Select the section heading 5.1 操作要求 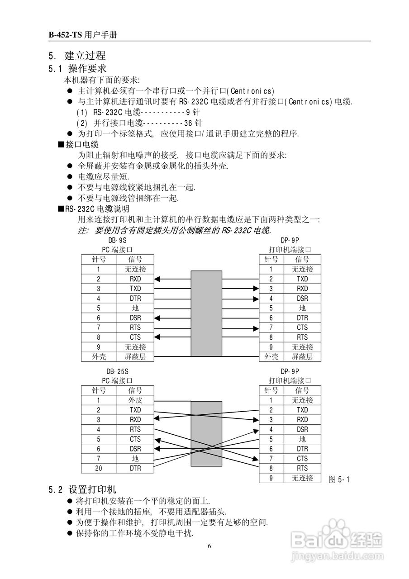coord(77,69)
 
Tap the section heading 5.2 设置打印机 coord(82,489)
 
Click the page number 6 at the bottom coord(209,546)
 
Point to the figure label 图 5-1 coord(339,479)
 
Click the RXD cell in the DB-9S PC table coord(135,279)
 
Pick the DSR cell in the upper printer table coord(302,299)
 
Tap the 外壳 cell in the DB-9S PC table coord(99,357)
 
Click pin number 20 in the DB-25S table coord(99,469)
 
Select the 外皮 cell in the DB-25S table coord(135,400)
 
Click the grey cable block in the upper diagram coord(206,313)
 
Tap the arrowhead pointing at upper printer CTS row coord(256,327)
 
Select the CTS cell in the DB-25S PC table coord(135,439)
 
